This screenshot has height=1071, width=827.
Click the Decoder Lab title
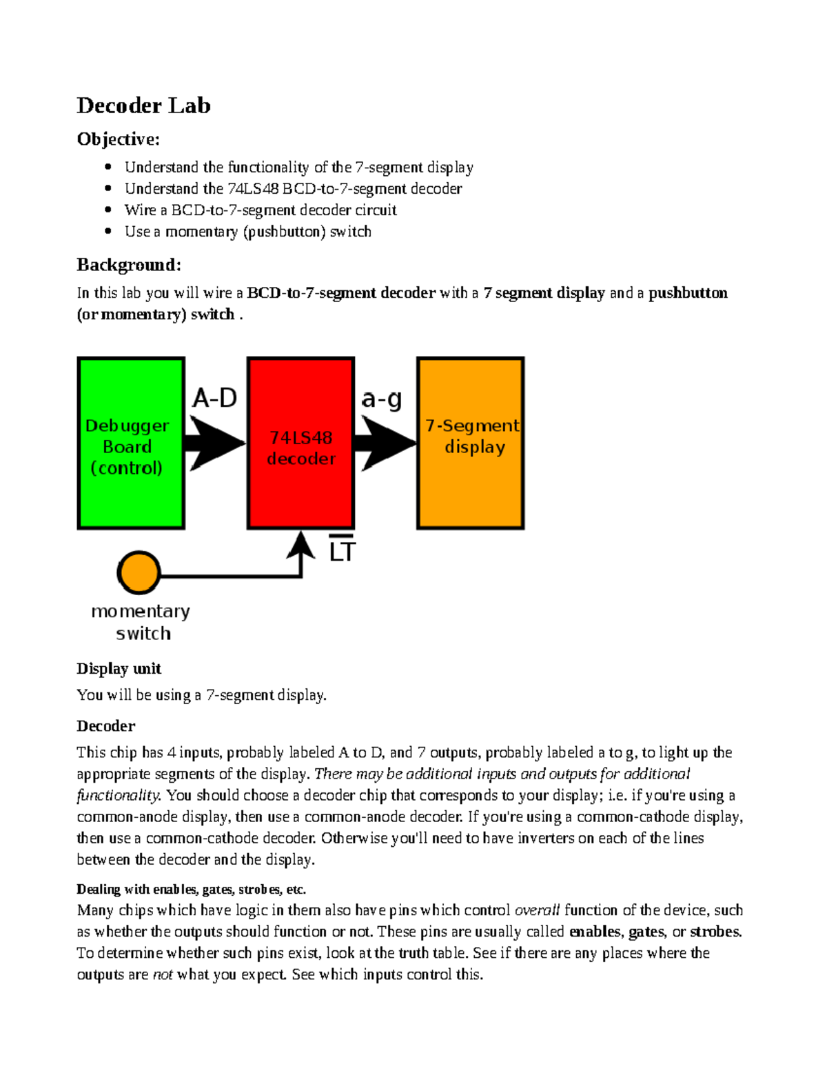(x=143, y=106)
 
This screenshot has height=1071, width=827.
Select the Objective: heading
(x=118, y=139)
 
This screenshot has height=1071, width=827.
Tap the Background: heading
(x=129, y=265)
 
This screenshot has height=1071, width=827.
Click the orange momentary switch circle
(x=139, y=572)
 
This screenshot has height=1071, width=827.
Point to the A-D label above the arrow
(x=214, y=398)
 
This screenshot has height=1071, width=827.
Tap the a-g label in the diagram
(x=381, y=399)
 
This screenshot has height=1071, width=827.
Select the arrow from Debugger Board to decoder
(x=215, y=443)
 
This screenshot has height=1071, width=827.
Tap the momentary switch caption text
(x=141, y=622)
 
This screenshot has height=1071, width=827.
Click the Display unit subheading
(x=119, y=668)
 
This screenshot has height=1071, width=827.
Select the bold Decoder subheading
(x=105, y=725)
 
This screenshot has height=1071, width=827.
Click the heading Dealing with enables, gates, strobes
(x=191, y=889)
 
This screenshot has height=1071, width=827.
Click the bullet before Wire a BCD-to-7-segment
(x=108, y=210)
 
